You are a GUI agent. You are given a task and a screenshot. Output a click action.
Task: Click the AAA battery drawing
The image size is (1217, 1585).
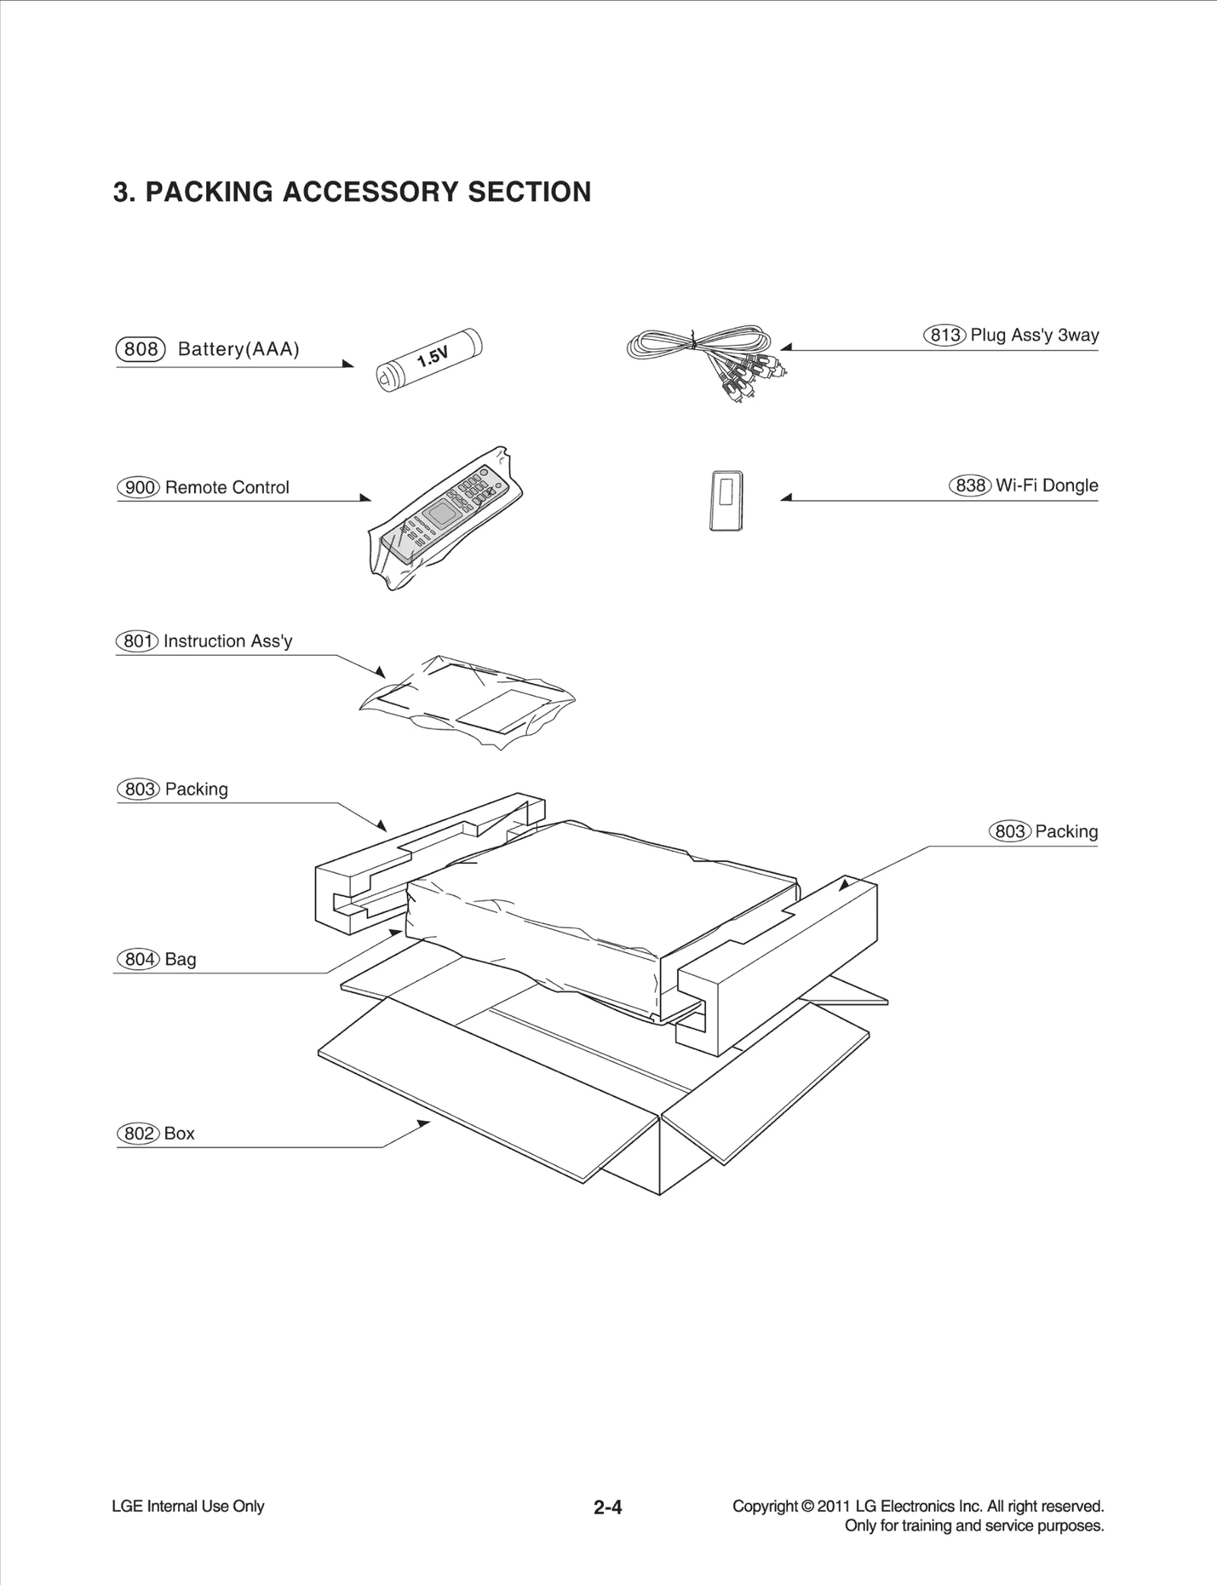tap(430, 358)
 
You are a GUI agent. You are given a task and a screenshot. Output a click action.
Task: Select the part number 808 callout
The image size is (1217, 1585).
tap(141, 349)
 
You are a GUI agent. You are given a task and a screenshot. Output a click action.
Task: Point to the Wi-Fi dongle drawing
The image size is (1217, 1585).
tap(726, 500)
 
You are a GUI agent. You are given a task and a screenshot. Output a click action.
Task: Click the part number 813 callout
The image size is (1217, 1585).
tap(945, 335)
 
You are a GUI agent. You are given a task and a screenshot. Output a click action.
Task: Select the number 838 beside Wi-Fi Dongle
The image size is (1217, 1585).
tap(970, 485)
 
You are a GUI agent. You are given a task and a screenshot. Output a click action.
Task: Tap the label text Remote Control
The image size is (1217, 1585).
tap(227, 488)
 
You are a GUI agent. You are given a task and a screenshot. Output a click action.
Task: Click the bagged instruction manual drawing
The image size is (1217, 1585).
tap(466, 700)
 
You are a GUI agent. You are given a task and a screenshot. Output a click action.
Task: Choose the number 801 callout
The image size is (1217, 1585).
tap(137, 641)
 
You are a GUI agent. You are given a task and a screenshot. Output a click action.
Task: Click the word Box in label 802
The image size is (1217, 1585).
tap(180, 1133)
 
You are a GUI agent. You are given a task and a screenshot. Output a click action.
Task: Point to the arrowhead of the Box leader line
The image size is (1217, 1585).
tap(424, 1123)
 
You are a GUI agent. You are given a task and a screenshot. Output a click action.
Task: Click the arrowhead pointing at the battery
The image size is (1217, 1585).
tap(349, 364)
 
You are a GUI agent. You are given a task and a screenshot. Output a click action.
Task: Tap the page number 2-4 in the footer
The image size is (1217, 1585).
tap(608, 1507)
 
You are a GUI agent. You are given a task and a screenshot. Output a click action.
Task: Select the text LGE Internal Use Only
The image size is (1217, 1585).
tap(188, 1506)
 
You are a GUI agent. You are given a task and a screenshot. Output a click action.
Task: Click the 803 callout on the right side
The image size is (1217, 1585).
tap(1009, 831)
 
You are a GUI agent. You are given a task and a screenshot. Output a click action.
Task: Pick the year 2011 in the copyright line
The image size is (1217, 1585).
tap(834, 1506)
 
